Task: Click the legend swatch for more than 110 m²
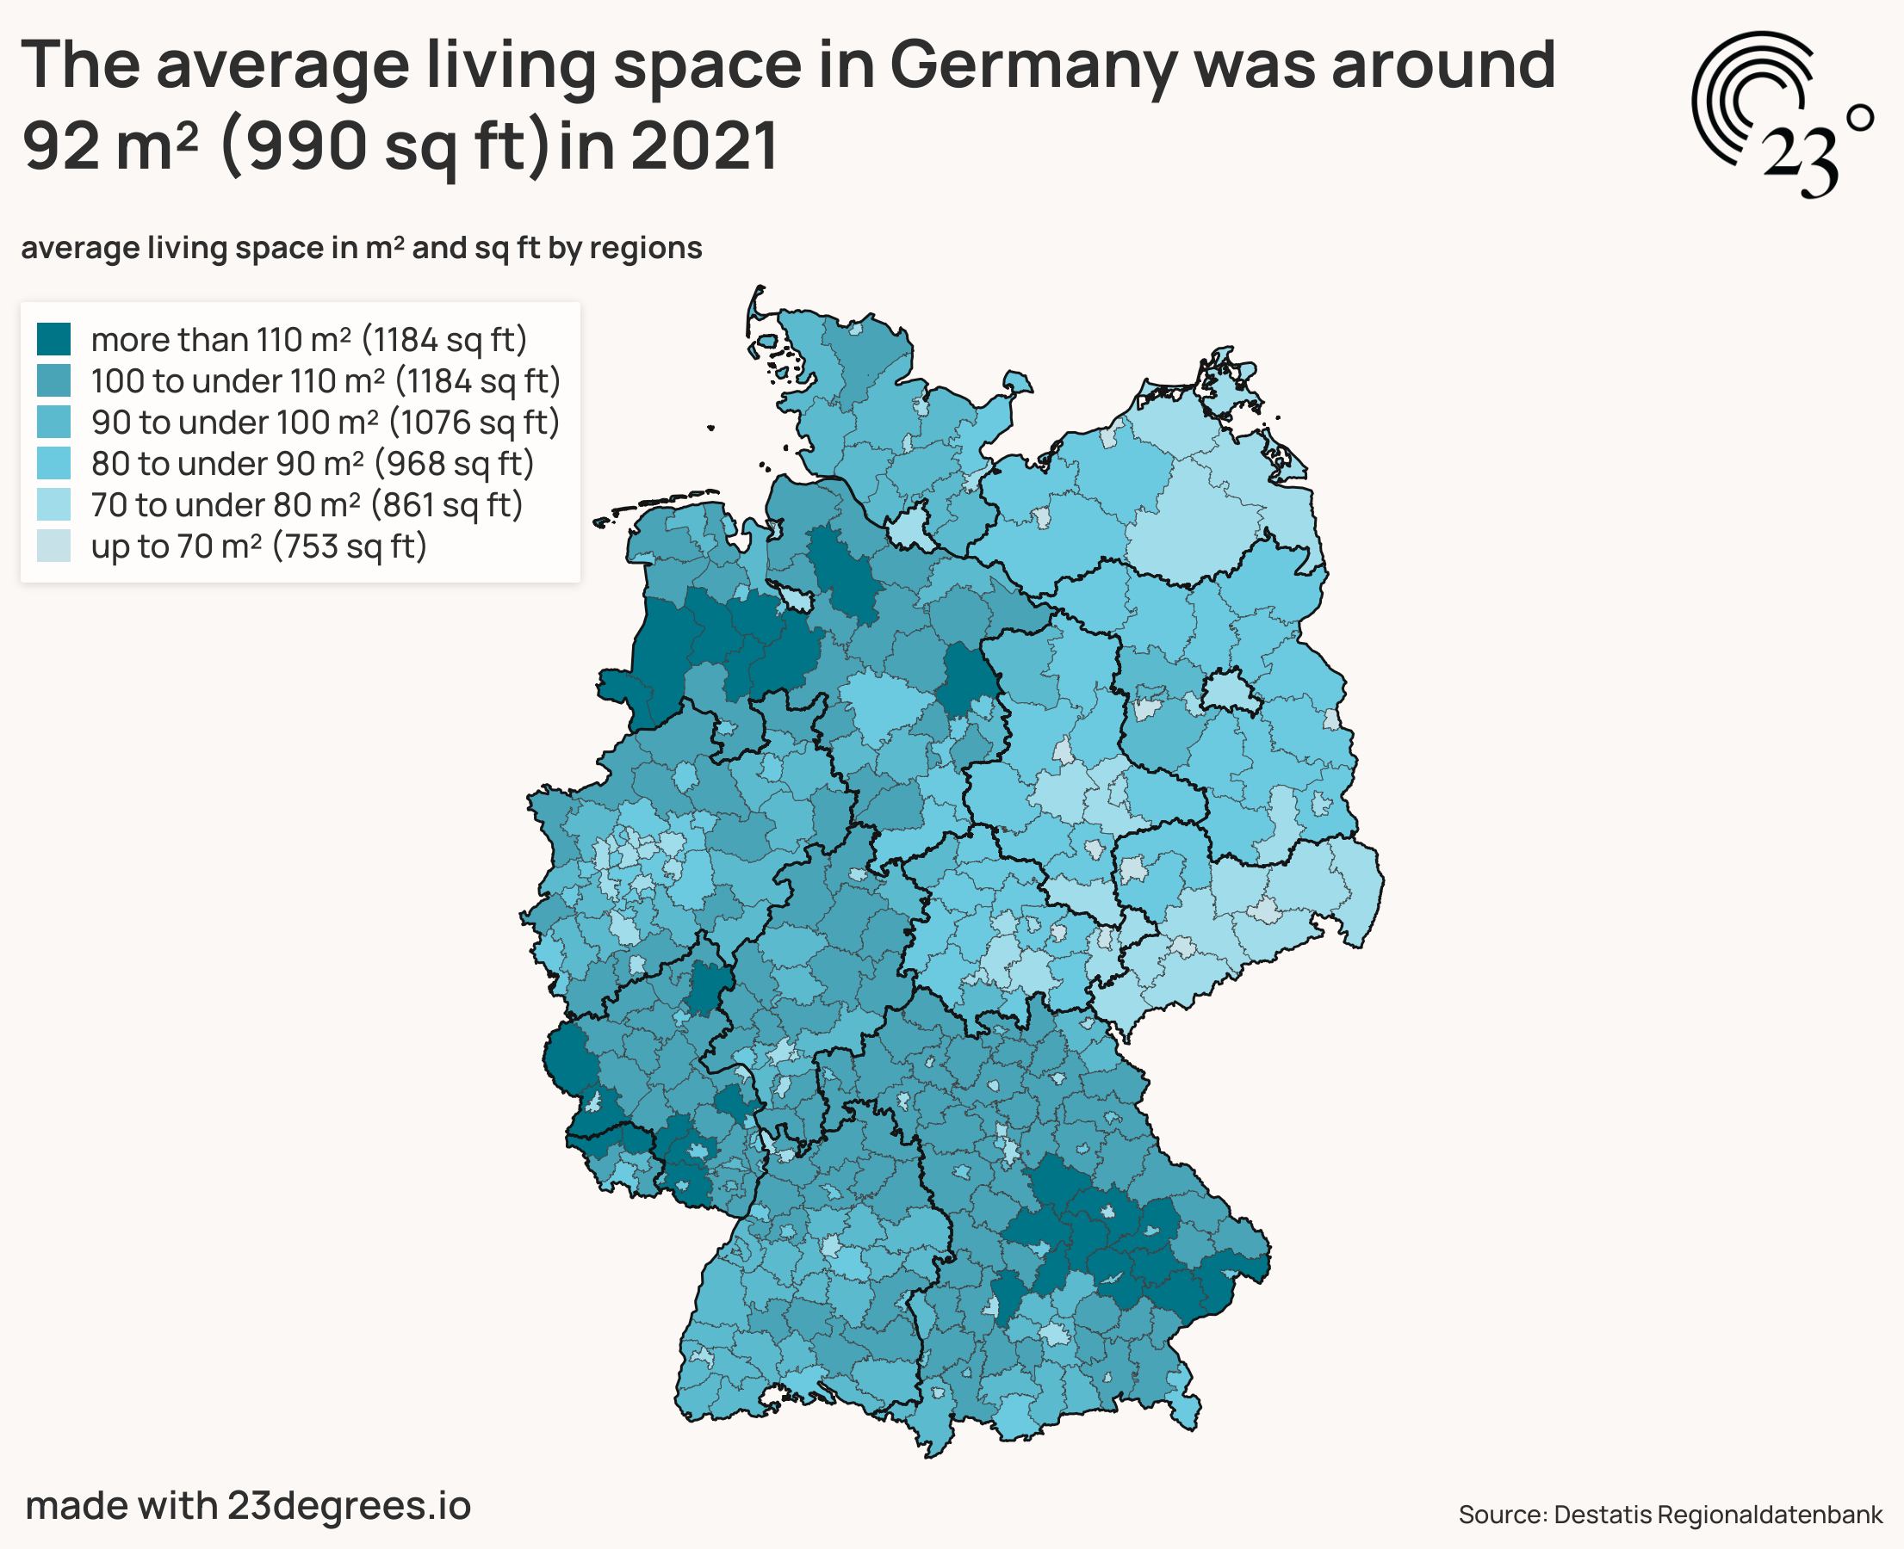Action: (x=53, y=339)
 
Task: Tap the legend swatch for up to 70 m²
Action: (x=53, y=546)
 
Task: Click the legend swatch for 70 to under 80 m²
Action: (x=53, y=504)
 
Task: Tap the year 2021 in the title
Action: (x=704, y=145)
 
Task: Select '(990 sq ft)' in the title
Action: (x=384, y=145)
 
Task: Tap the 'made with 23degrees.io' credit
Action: (x=248, y=1504)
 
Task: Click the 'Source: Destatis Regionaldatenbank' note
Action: (x=1670, y=1514)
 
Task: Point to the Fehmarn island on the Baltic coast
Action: (x=1017, y=385)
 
